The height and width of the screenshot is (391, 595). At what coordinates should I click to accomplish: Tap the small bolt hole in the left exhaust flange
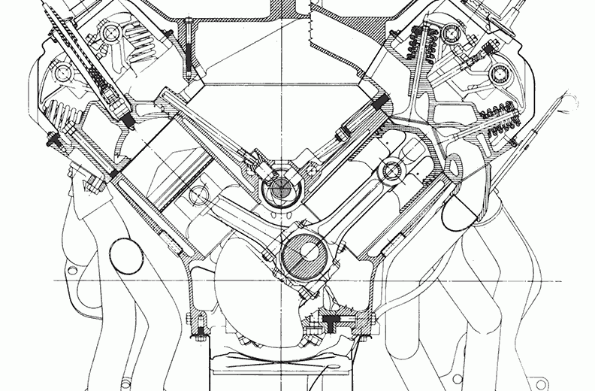pyautogui.click(x=72, y=268)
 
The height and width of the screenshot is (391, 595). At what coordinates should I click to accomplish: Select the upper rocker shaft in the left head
pyautogui.click(x=110, y=33)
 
